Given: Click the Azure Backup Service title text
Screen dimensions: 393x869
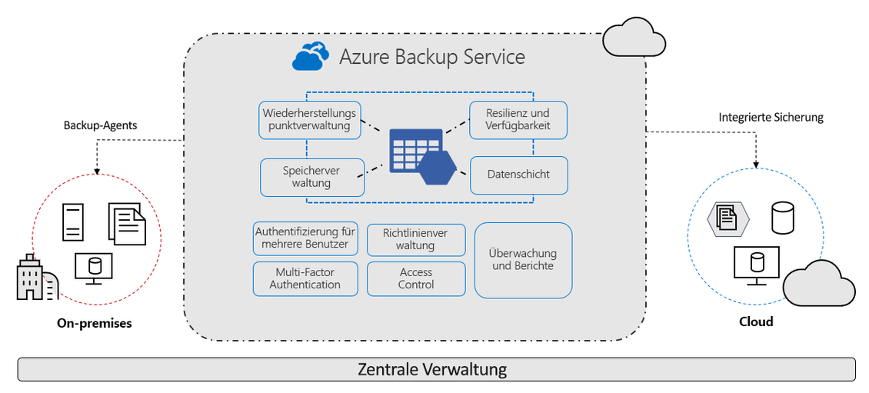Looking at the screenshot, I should tap(432, 56).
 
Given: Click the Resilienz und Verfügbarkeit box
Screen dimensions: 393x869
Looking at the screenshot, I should tap(518, 120).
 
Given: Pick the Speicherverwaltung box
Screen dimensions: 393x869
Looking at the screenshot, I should tap(311, 177).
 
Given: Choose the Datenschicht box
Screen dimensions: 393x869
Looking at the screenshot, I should tap(518, 175).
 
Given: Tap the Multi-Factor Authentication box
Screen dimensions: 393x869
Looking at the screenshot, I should tap(305, 278).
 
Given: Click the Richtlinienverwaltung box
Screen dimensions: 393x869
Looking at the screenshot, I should tap(415, 239).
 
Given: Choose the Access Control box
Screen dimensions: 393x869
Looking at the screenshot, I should tap(416, 278).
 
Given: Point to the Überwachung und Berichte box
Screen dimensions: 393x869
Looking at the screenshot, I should tap(523, 260).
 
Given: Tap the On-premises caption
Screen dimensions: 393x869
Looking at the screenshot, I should tap(95, 324).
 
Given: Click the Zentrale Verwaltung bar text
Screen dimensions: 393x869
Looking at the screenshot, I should tap(432, 369).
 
